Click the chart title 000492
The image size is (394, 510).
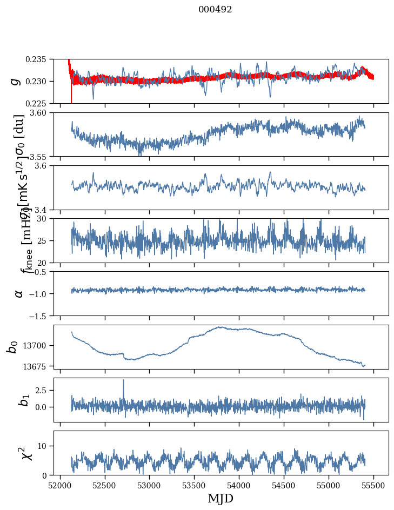pyautogui.click(x=215, y=10)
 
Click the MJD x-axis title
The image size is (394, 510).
pyautogui.click(x=221, y=499)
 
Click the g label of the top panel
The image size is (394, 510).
pyautogui.click(x=16, y=81)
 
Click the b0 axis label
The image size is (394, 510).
pyautogui.click(x=12, y=347)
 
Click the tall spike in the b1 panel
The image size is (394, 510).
pyautogui.click(x=123, y=380)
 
